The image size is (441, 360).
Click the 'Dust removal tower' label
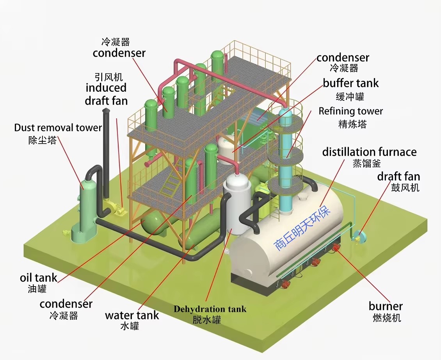pos(58,128)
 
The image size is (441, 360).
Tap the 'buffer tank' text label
pos(350,83)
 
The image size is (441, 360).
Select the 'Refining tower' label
pos(351,111)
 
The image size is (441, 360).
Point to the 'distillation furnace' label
pos(369,152)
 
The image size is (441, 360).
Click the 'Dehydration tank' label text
pos(210,309)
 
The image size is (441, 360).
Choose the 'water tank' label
pos(132,315)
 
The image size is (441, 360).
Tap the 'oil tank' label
pos(39,278)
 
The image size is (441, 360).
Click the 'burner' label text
pos(386,306)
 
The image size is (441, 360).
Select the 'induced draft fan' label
pos(106,94)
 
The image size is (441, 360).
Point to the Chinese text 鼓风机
pos(405,187)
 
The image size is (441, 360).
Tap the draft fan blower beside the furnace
pos(359,237)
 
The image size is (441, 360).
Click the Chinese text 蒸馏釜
pos(366,163)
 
